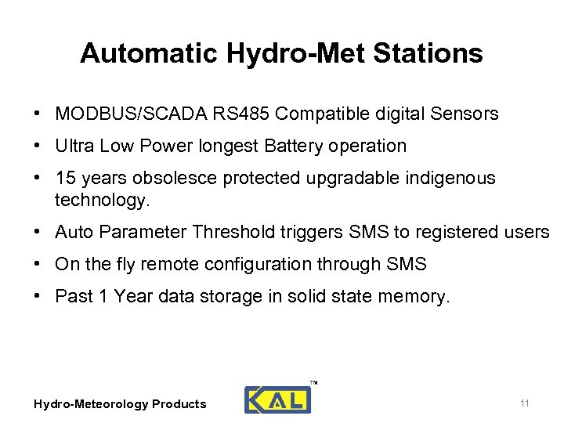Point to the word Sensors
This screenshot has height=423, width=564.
[464, 114]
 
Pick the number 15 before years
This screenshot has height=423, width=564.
[65, 178]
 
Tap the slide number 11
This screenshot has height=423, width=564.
[525, 403]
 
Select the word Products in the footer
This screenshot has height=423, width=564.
[179, 404]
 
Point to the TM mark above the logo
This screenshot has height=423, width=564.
[313, 383]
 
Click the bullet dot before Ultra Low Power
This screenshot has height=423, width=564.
[38, 146]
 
